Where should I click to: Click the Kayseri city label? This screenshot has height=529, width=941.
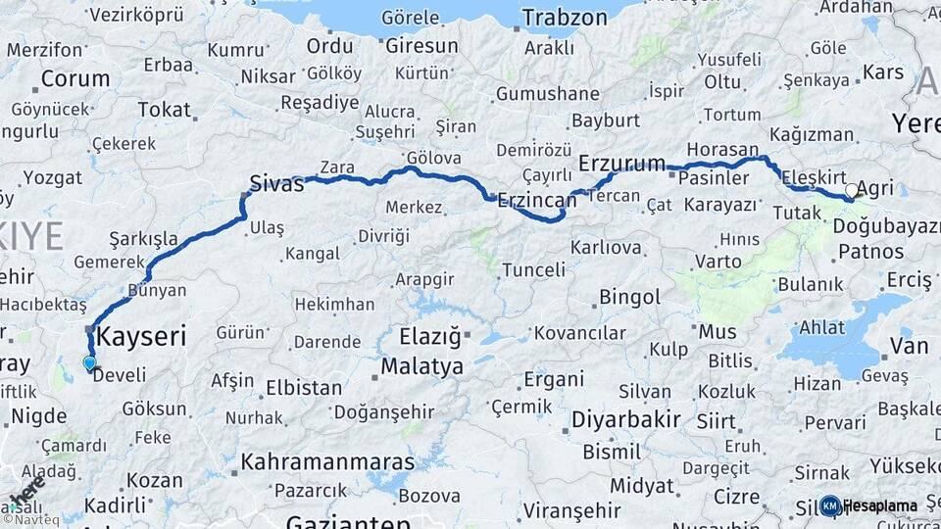click(142, 337)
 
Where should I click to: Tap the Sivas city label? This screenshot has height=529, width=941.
click(276, 184)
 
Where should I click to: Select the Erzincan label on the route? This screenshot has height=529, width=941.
click(537, 201)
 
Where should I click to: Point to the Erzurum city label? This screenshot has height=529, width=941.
click(622, 163)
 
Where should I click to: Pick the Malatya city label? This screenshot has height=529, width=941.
click(422, 367)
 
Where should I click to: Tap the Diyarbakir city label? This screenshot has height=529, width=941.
click(626, 419)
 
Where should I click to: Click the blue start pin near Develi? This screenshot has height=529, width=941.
click(90, 363)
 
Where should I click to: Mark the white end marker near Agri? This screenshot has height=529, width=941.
click(851, 190)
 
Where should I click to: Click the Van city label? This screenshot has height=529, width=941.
click(910, 345)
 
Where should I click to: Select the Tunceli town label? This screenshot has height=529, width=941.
click(533, 269)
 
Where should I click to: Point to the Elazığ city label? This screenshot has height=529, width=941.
click(430, 338)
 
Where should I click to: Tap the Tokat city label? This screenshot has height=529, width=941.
click(164, 110)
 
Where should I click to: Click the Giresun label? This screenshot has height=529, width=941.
click(421, 46)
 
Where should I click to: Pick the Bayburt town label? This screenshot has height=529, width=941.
click(605, 120)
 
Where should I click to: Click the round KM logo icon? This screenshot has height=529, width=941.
click(830, 505)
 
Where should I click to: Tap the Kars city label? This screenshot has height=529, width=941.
click(884, 72)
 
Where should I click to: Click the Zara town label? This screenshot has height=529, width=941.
click(337, 168)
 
